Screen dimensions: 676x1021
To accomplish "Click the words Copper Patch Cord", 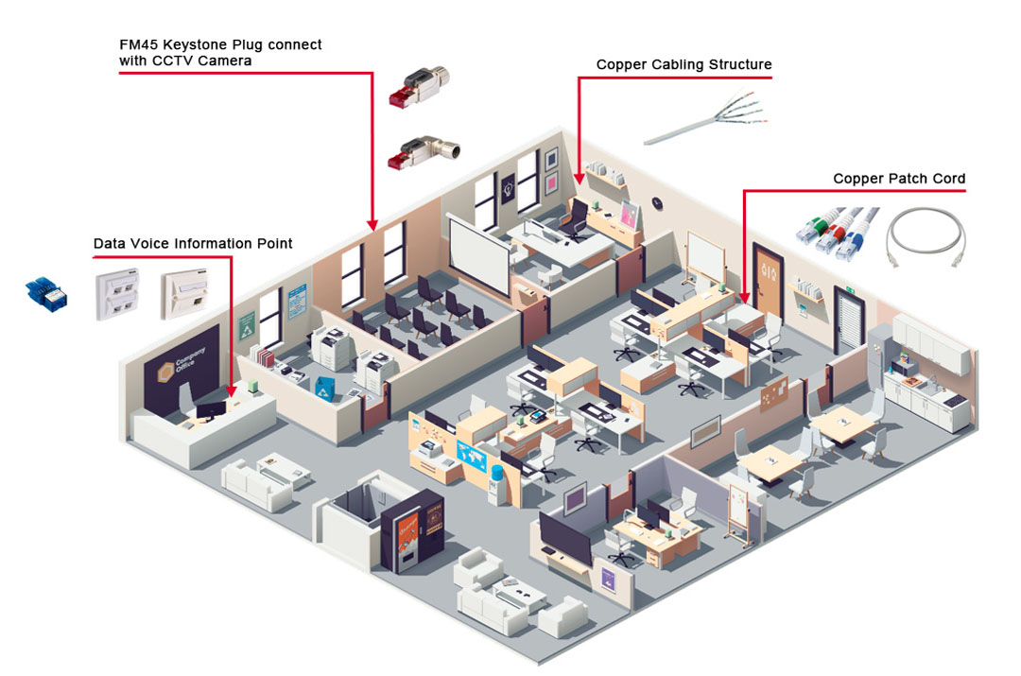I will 898,179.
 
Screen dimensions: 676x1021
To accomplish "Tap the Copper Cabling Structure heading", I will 684,65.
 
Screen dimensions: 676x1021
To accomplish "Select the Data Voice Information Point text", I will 193,244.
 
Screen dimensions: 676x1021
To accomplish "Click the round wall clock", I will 657,202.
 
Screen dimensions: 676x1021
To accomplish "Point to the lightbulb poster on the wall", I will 508,185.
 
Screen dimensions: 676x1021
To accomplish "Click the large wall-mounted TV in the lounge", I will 564,536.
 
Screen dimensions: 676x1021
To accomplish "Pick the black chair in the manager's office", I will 573,219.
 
